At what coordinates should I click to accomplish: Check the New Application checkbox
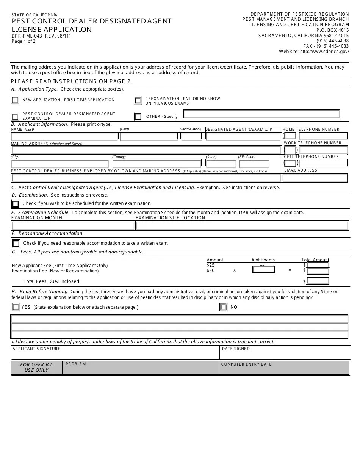[15, 100]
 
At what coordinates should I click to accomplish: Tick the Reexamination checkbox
[138, 100]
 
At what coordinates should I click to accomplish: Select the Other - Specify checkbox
[138, 116]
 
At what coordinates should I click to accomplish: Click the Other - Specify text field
[261, 114]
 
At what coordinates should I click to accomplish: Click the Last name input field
[64, 136]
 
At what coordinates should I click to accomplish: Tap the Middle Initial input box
[191, 136]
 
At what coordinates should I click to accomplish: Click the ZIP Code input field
[254, 164]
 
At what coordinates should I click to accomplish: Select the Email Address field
[315, 178]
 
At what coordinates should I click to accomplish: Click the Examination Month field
[73, 225]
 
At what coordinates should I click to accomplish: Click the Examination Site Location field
[242, 225]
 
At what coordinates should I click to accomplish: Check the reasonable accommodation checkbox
[16, 243]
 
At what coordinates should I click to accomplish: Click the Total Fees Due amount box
[318, 281]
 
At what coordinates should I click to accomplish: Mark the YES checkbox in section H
[16, 307]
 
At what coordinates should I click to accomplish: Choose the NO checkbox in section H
[223, 307]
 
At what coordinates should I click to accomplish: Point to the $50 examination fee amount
[211, 271]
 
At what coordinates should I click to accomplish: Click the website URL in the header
[324, 52]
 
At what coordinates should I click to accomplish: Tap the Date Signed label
[236, 349]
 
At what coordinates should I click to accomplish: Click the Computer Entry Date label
[246, 364]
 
